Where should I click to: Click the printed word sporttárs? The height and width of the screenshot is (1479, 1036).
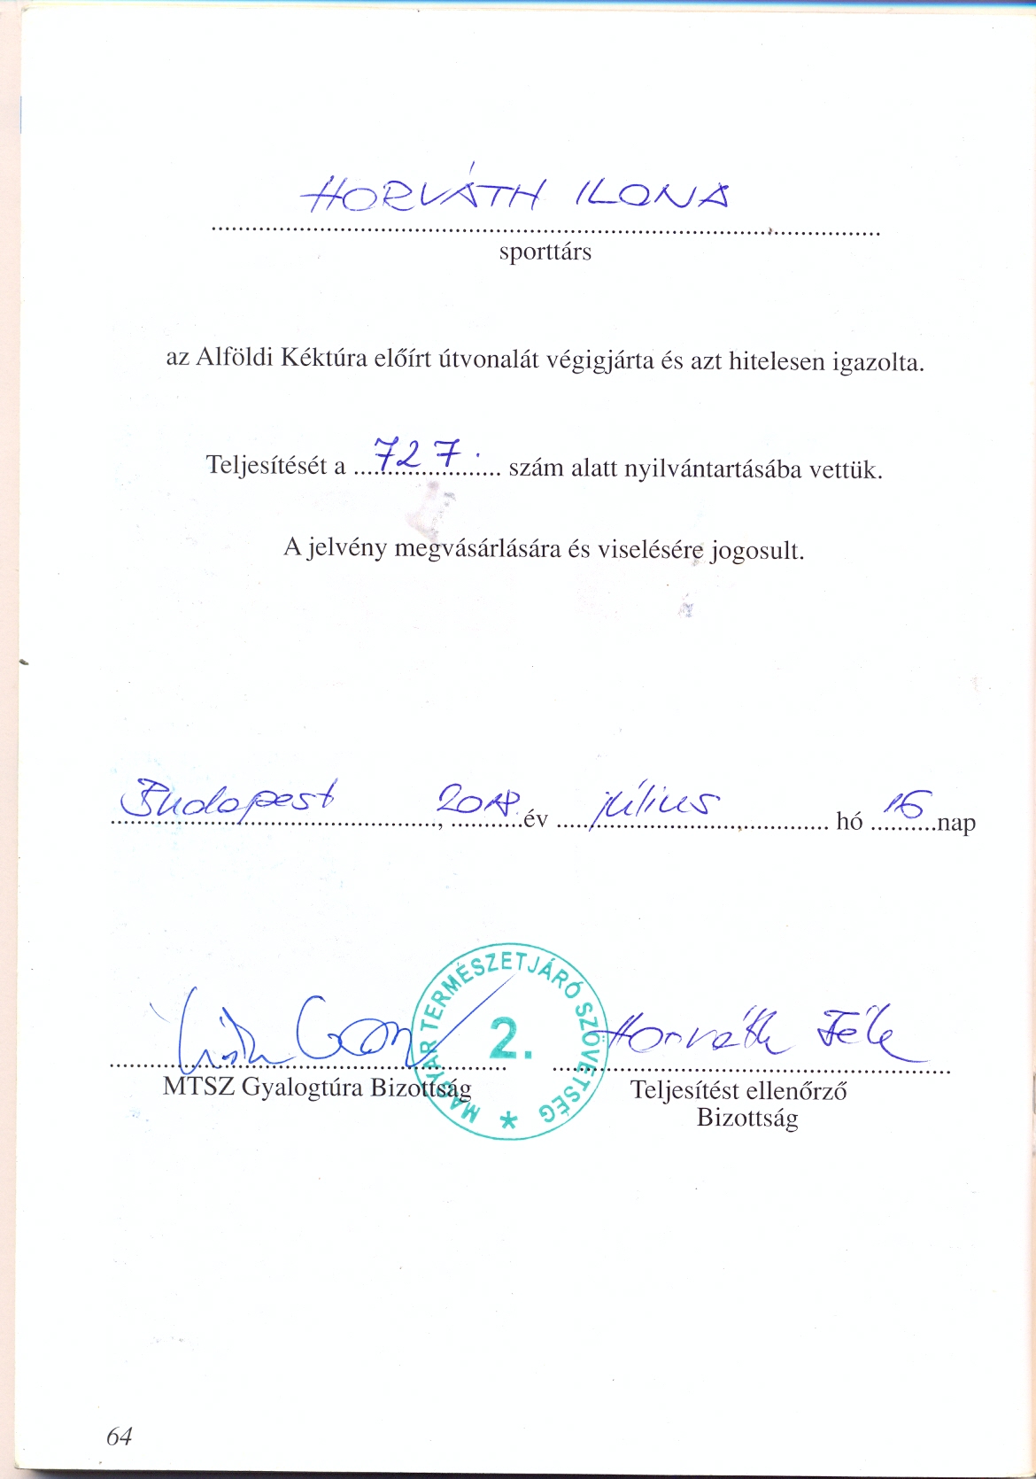click(545, 252)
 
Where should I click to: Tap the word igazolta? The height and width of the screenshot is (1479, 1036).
click(878, 362)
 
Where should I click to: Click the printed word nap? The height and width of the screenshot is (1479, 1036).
click(956, 823)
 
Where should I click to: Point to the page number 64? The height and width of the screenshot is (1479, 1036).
click(120, 1436)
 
